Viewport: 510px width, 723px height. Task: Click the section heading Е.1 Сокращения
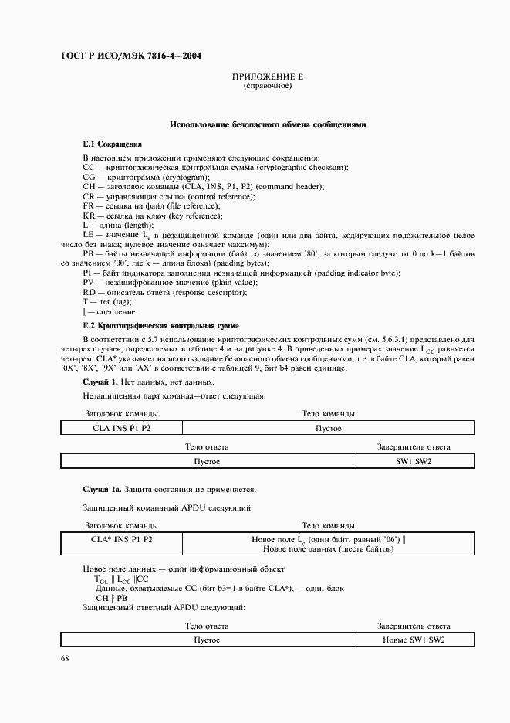coord(113,144)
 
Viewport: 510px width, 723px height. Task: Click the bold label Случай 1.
coord(100,382)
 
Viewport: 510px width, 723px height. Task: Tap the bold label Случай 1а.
coord(102,490)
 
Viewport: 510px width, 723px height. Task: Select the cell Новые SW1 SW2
coord(414,640)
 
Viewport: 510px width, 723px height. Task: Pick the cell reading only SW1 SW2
coord(414,461)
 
